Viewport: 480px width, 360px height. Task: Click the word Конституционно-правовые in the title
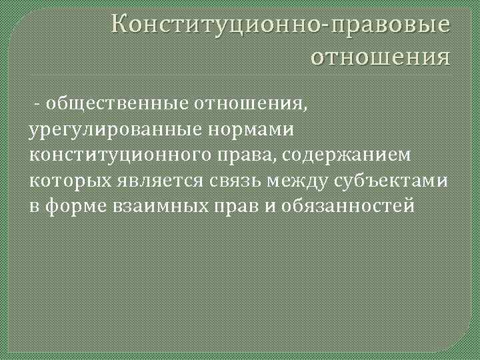pos(281,25)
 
